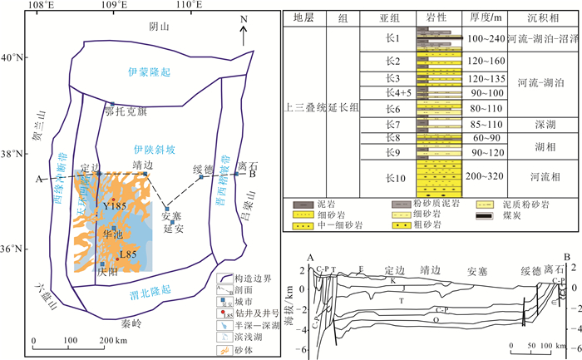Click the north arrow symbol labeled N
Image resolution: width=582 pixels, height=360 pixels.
(242, 32)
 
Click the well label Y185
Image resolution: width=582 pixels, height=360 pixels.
(113, 205)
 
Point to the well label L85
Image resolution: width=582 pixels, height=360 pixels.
(127, 254)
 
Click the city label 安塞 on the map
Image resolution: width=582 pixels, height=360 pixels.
(171, 217)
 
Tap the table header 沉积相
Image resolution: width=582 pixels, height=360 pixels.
(544, 17)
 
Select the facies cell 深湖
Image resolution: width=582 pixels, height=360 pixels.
(544, 124)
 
